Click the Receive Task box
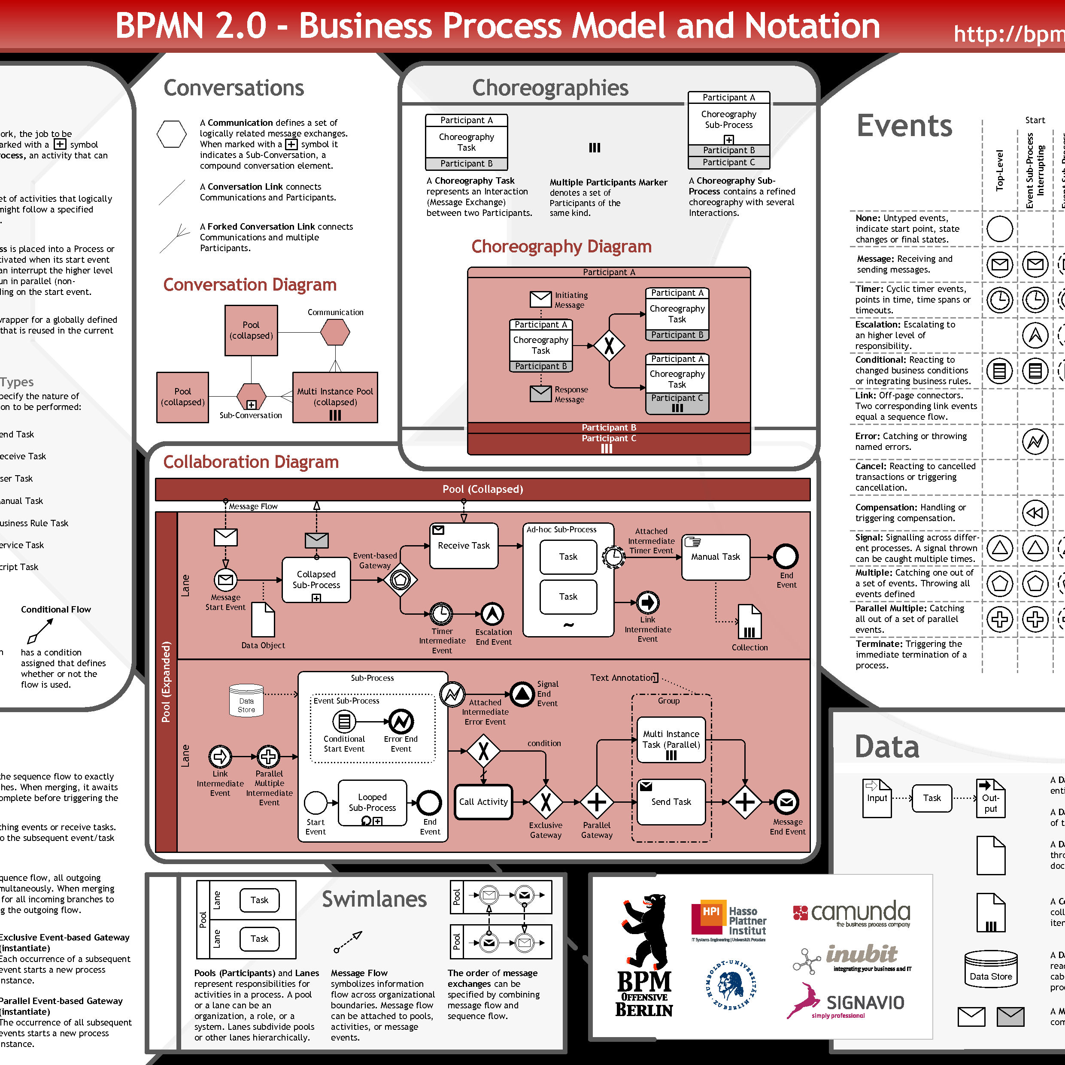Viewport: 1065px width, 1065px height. pyautogui.click(x=464, y=546)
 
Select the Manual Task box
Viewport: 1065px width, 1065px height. pyautogui.click(x=716, y=557)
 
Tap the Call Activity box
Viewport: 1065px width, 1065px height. pyautogui.click(x=483, y=802)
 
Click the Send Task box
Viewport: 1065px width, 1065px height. pyautogui.click(x=671, y=802)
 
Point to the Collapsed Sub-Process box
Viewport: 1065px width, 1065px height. pyautogui.click(x=316, y=580)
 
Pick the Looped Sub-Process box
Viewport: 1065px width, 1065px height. pyautogui.click(x=372, y=803)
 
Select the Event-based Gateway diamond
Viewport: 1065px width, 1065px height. pyautogui.click(x=400, y=580)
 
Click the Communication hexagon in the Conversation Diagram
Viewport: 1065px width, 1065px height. pyautogui.click(x=335, y=332)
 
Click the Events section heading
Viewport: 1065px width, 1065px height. pyautogui.click(x=904, y=126)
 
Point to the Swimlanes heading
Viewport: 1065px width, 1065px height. pyautogui.click(x=374, y=899)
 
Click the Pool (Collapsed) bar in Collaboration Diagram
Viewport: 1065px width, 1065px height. pyautogui.click(x=482, y=489)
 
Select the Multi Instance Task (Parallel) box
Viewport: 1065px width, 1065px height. pyautogui.click(x=671, y=740)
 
